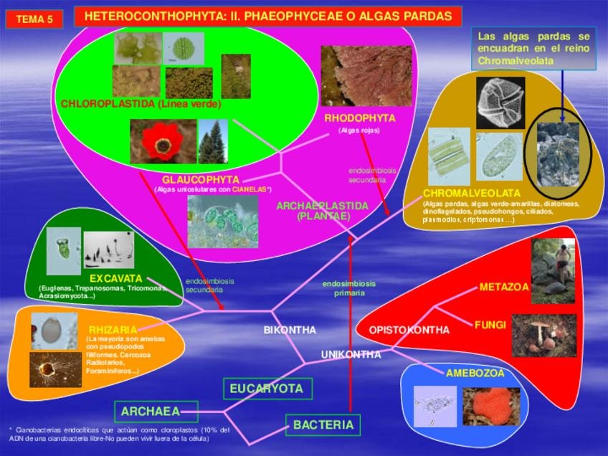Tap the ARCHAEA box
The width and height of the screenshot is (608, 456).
click(145, 412)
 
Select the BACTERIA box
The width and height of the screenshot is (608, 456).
click(323, 425)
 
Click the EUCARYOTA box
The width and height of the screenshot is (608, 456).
click(267, 389)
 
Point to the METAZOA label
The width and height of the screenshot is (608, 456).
click(503, 288)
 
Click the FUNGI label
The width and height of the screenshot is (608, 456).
click(490, 325)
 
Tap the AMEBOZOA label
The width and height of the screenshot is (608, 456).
click(475, 373)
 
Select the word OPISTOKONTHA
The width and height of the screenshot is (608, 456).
click(409, 331)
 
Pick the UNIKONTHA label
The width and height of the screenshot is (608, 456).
click(351, 354)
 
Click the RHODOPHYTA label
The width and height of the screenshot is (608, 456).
click(359, 118)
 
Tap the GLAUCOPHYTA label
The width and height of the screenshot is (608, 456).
click(200, 179)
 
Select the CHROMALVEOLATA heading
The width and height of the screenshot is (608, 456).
click(471, 194)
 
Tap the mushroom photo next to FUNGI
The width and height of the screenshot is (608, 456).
click(543, 335)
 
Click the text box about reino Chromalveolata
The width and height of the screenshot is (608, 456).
click(533, 49)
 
